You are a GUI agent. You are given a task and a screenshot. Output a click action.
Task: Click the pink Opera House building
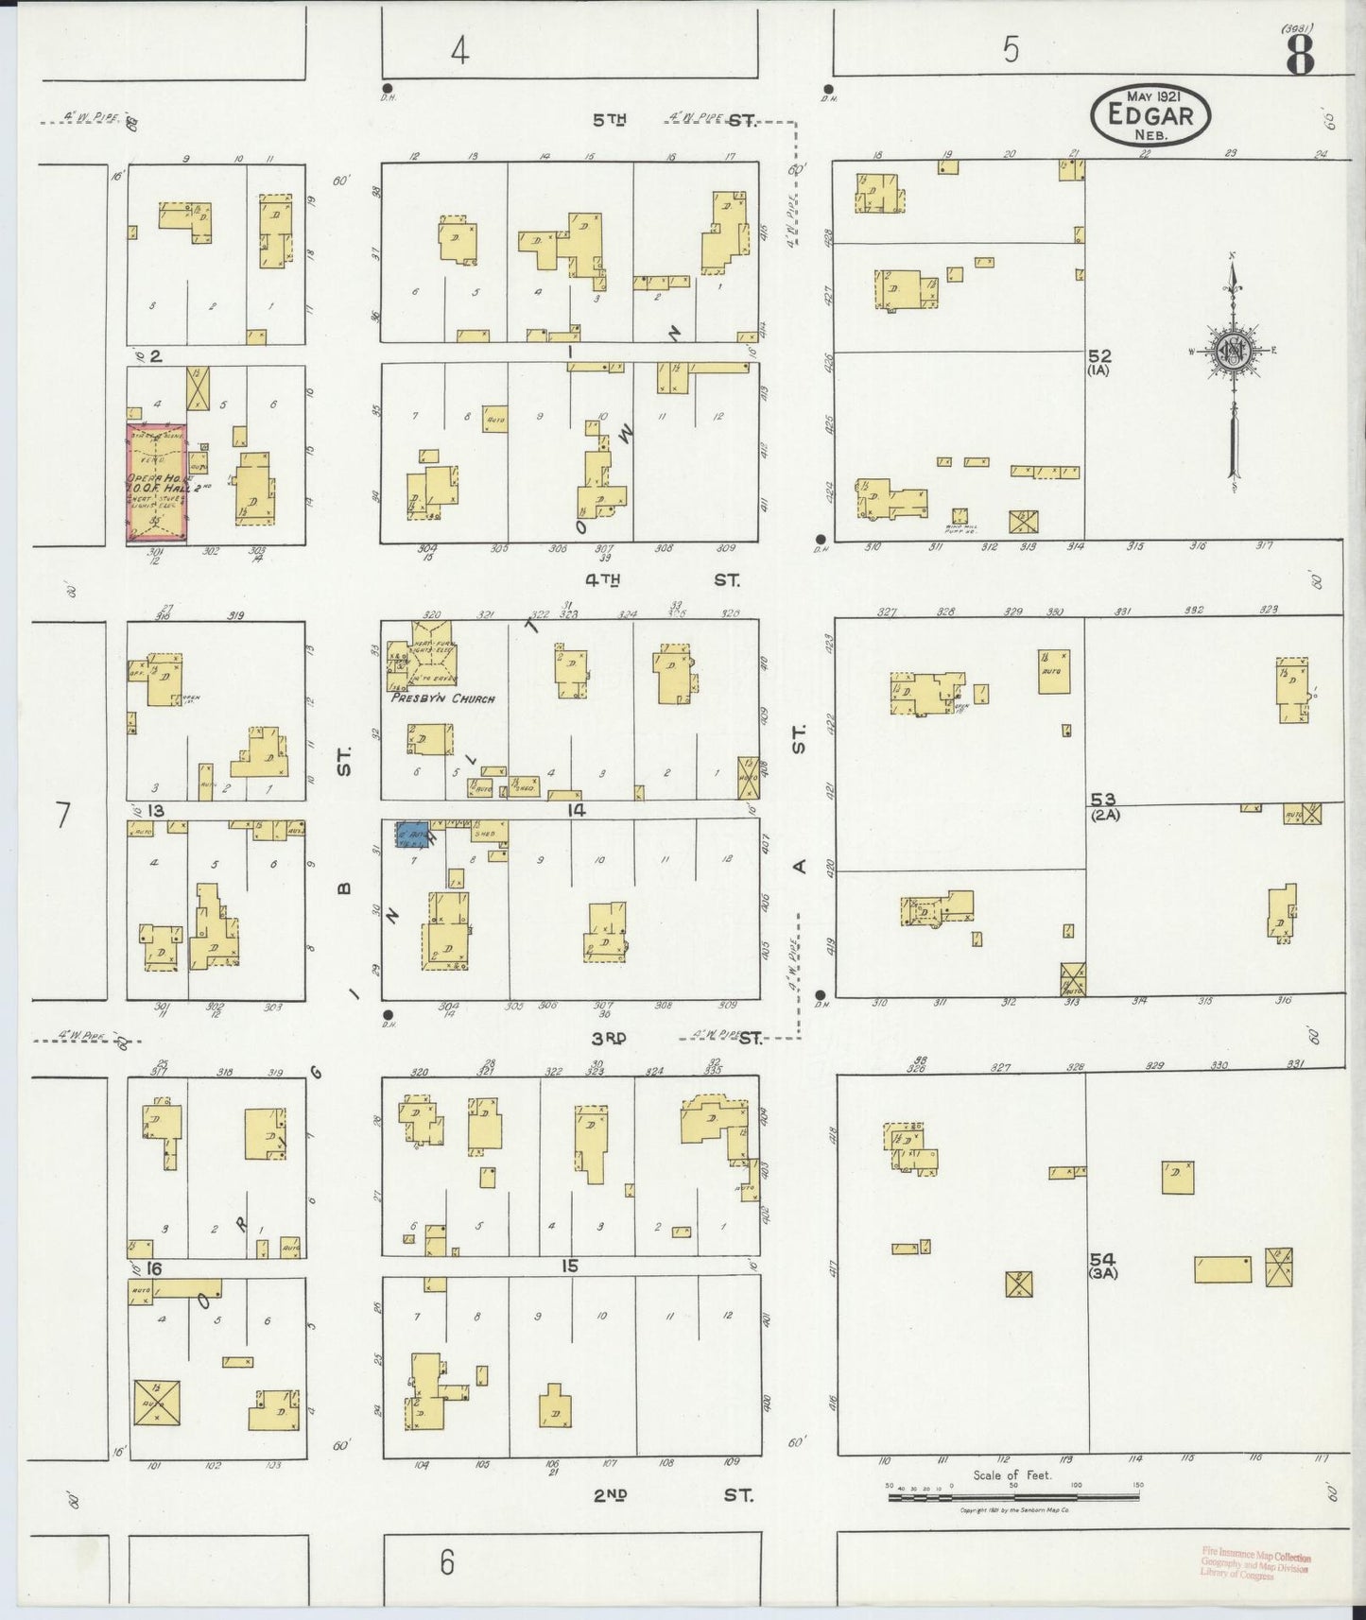[157, 484]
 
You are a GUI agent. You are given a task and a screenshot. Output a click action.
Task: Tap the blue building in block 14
[412, 835]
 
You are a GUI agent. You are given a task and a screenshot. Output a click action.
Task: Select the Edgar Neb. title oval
[1150, 117]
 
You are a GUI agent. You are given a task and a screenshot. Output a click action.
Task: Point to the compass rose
[1233, 350]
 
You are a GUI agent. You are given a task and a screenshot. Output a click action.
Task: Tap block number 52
[1099, 356]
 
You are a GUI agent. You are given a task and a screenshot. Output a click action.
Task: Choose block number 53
[1102, 801]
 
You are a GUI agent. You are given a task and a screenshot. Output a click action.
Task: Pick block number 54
[1102, 1260]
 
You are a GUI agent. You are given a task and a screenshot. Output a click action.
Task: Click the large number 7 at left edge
[63, 815]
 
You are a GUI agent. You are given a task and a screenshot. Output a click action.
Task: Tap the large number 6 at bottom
[447, 1561]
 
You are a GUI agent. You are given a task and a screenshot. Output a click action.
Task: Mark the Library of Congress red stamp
[1255, 1563]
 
